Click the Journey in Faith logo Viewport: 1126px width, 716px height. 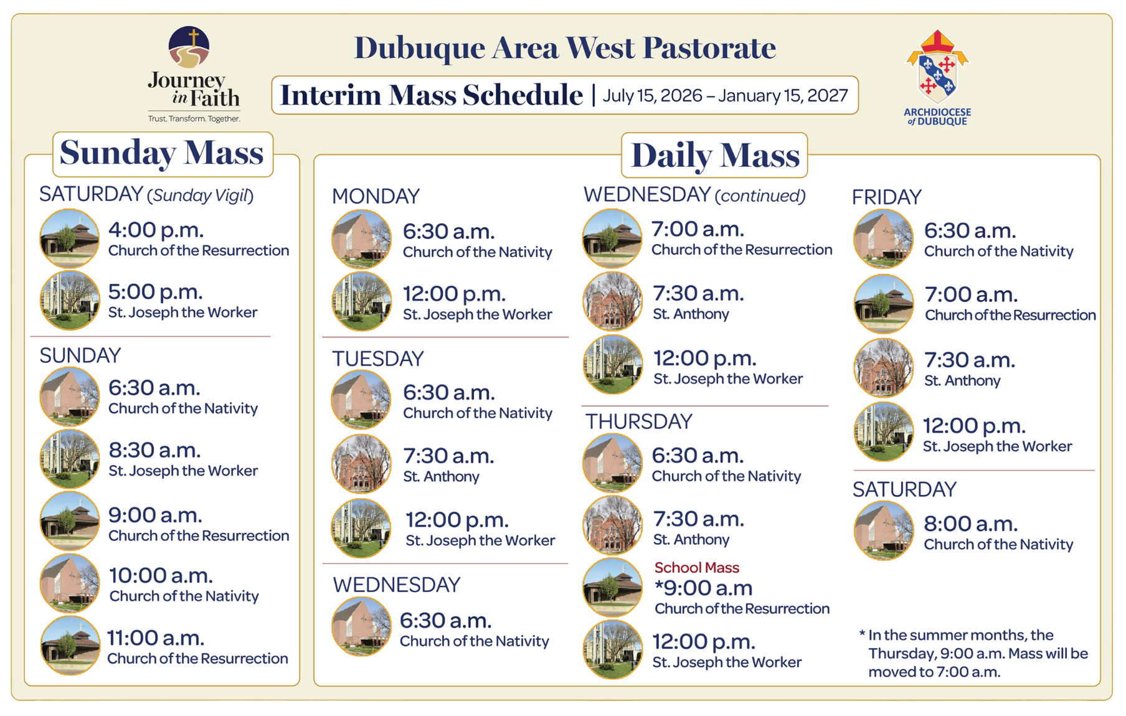(194, 74)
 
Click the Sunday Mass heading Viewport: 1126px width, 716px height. (162, 153)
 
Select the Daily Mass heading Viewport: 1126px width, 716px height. (715, 156)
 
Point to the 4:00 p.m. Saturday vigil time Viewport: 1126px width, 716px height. (156, 230)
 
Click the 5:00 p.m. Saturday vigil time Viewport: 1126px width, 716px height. (156, 291)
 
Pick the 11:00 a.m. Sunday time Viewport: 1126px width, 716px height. (156, 638)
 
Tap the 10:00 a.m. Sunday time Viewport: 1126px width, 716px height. (161, 575)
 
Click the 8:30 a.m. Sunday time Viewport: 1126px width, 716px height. (154, 450)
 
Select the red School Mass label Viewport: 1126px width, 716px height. (697, 568)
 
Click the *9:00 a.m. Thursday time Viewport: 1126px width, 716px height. (704, 588)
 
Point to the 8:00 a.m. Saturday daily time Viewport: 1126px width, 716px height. (971, 524)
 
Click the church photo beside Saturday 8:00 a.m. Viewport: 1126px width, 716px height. (883, 530)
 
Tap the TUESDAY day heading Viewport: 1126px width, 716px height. (377, 359)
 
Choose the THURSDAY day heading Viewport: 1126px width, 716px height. (639, 422)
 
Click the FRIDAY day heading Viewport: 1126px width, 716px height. (886, 197)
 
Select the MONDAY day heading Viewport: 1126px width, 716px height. (376, 196)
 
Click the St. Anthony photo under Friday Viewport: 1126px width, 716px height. (883, 368)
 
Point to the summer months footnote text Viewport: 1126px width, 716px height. (973, 654)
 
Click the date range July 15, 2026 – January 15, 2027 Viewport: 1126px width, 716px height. (725, 95)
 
